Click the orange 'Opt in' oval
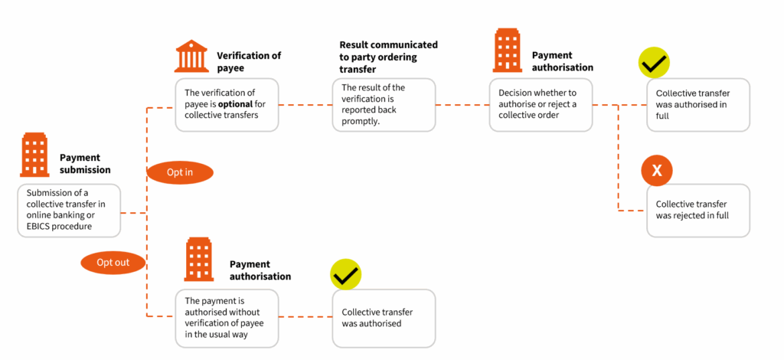click(179, 172)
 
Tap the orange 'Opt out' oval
click(113, 263)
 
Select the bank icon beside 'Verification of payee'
click(191, 57)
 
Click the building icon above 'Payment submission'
click(35, 154)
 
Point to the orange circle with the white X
click(656, 171)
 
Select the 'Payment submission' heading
click(85, 164)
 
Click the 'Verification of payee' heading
click(249, 61)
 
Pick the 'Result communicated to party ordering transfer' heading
click(389, 56)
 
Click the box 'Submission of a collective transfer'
click(69, 209)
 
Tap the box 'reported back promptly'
click(383, 104)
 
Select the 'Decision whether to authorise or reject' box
click(541, 104)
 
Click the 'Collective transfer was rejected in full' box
click(697, 210)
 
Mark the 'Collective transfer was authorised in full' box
click(697, 104)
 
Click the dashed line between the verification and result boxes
click(304, 104)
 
